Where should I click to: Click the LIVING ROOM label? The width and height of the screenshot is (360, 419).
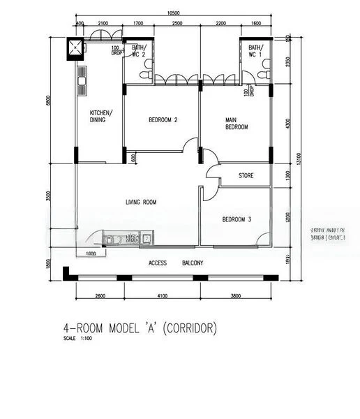(140, 203)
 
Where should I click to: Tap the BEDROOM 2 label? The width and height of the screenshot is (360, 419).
(163, 120)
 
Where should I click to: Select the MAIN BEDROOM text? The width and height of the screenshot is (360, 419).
(236, 124)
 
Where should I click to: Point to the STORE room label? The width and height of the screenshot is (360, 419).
(246, 175)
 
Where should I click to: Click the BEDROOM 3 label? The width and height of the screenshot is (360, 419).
(237, 220)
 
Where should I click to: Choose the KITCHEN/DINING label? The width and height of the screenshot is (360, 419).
(101, 117)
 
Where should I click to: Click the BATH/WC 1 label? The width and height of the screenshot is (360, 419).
(255, 50)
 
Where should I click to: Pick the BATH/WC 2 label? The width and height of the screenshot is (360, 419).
(138, 50)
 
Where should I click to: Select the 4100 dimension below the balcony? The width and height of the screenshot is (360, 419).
(162, 296)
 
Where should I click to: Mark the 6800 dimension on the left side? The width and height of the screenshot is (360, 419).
(49, 100)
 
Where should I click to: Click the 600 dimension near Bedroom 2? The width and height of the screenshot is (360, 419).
(133, 157)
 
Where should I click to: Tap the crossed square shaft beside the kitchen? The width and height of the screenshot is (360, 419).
(73, 47)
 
